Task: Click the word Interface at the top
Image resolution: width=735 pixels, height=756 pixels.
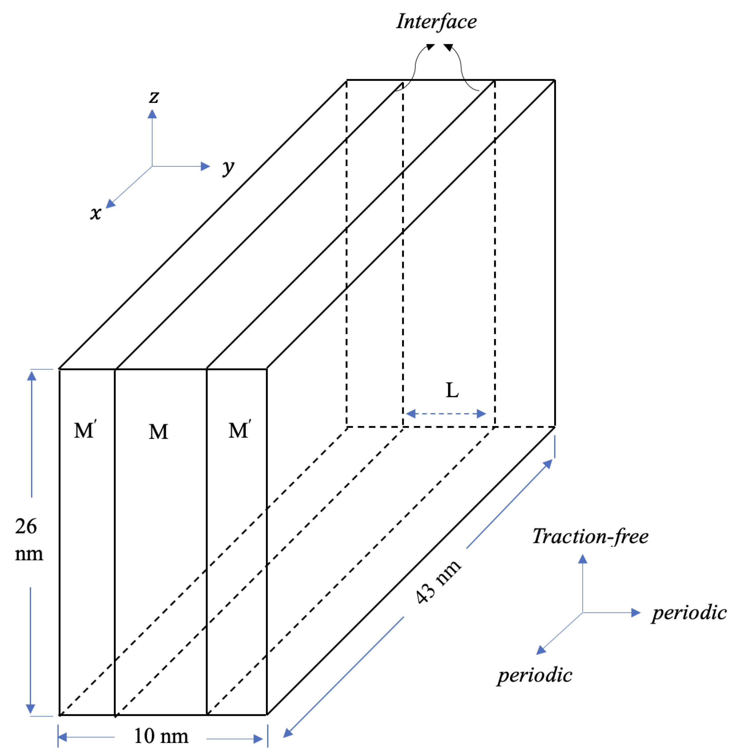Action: pos(436,21)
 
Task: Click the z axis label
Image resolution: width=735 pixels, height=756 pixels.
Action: pos(154,97)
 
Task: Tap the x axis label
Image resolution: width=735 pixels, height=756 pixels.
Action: pos(95,213)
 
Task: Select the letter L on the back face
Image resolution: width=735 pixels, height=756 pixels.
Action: pos(452,390)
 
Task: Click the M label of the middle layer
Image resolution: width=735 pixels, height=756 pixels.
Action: pos(158,431)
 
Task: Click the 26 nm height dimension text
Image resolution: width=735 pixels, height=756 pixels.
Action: pos(28,540)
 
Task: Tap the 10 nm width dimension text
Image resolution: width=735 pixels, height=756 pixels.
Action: pos(161,736)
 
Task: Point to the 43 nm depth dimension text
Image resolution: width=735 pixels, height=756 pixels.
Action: pos(438,582)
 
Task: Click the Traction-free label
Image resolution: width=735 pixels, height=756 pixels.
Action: pos(590,536)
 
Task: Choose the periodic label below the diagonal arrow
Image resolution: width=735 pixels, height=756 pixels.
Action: pos(535,675)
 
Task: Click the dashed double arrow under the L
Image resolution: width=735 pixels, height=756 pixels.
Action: pos(446,414)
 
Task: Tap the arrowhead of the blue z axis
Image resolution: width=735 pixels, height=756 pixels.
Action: pos(152,114)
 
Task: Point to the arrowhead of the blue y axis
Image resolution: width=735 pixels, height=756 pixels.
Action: pos(205,166)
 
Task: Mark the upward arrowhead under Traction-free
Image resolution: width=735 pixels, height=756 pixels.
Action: pos(583,558)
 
